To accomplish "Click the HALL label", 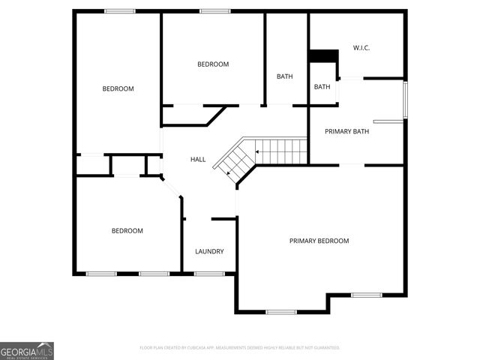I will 198,159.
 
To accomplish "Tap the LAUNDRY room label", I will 209,251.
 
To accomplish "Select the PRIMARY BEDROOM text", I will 319,241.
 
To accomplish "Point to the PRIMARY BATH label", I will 346,131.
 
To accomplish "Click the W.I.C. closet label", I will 361,48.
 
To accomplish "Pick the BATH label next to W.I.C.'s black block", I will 322,87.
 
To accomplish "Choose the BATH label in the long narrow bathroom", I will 285,76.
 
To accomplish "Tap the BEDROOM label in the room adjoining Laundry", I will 127,231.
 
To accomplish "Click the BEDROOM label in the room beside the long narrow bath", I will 213,64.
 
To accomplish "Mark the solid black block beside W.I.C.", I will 323,56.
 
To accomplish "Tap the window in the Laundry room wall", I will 209,274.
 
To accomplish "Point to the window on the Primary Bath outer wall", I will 405,100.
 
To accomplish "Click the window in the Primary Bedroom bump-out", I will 281,312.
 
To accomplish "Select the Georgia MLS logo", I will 27,350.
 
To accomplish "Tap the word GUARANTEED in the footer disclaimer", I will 325,348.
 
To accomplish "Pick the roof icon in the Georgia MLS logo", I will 46,345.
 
